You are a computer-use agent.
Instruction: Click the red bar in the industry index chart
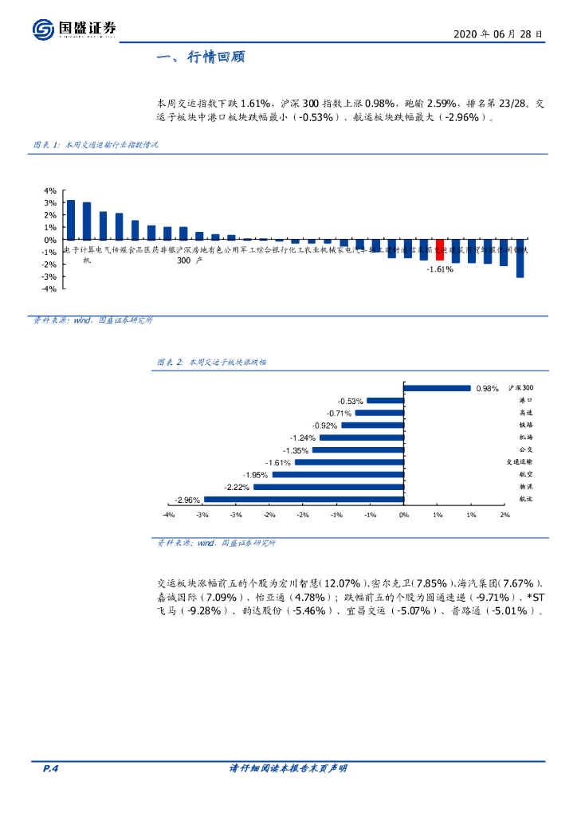(x=439, y=249)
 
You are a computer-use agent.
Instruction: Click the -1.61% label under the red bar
(x=439, y=269)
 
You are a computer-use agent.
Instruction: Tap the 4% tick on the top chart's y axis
(x=49, y=191)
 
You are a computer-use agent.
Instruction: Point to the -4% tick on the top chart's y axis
(x=49, y=288)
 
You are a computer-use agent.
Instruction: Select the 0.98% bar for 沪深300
(x=438, y=388)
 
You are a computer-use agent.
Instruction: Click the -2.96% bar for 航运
(x=304, y=500)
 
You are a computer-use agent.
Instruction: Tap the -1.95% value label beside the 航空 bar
(x=256, y=475)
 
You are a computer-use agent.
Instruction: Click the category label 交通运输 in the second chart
(x=519, y=461)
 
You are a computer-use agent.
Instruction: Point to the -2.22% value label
(x=237, y=487)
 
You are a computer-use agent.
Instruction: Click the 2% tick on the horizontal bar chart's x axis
(x=504, y=515)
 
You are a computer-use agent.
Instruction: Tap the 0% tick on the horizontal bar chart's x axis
(x=404, y=515)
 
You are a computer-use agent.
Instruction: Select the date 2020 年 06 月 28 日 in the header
(x=498, y=35)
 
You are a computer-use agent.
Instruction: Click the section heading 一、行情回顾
(x=201, y=57)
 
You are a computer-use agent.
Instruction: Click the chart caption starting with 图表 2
(x=211, y=362)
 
